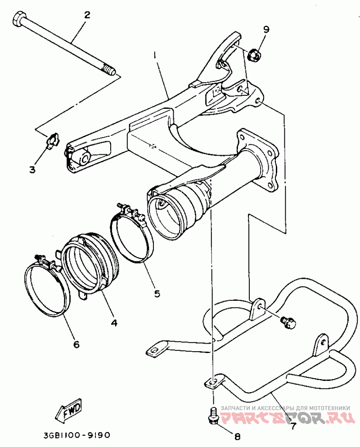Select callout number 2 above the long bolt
[x=87, y=15]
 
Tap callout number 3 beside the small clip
[x=32, y=170]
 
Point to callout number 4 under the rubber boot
[x=114, y=322]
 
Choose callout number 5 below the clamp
[x=157, y=293]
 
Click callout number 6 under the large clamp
[x=76, y=344]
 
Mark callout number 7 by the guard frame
[x=292, y=425]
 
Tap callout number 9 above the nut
[x=266, y=30]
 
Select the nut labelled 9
[x=253, y=55]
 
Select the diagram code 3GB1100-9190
[x=77, y=435]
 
